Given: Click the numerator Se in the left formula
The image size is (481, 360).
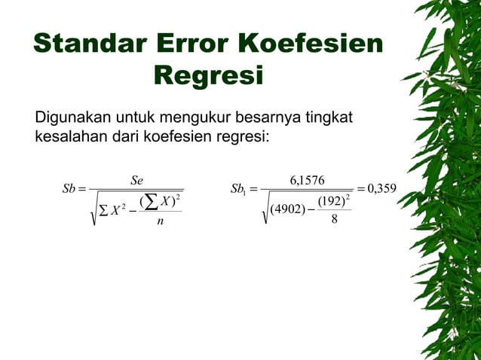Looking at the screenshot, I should (136, 181).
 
